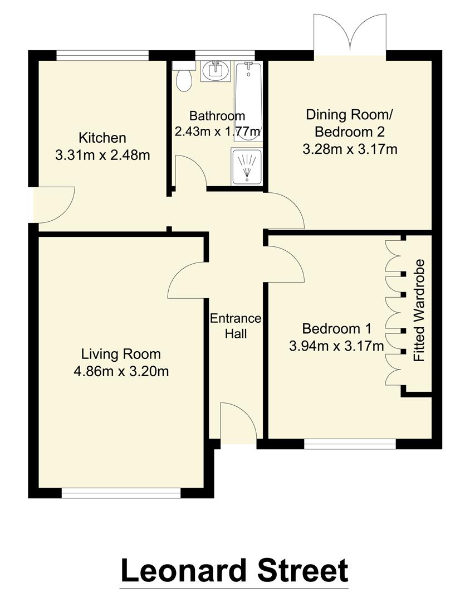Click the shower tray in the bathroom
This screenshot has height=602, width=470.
[x=246, y=166]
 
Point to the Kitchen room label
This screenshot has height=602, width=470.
[x=102, y=137]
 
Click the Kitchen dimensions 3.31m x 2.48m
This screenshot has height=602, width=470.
[x=102, y=155]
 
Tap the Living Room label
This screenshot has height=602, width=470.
[x=121, y=353]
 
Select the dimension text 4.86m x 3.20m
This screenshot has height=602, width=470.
[x=121, y=371]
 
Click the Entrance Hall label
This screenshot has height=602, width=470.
[x=236, y=326]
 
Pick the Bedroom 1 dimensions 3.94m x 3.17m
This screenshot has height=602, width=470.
[x=336, y=346]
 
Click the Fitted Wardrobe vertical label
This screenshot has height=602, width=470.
[x=419, y=310]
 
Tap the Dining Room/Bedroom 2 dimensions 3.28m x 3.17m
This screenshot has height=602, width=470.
[x=349, y=149]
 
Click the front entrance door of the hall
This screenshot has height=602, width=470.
[x=239, y=424]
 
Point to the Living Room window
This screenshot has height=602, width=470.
[x=121, y=493]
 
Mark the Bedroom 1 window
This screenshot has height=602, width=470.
[x=350, y=444]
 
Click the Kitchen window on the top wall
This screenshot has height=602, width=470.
[x=102, y=55]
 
